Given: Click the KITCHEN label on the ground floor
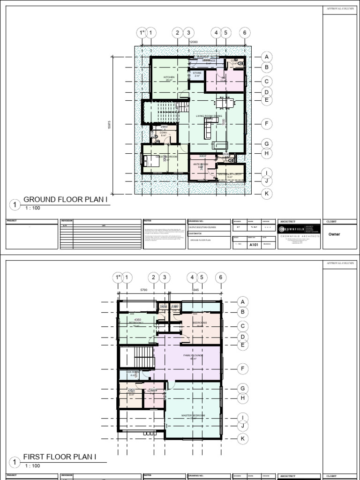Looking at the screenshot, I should pyautogui.click(x=169, y=77).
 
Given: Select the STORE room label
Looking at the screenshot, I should pyautogui.click(x=197, y=73).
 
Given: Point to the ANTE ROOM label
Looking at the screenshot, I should pyautogui.click(x=201, y=165).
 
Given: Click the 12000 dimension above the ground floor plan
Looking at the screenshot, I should pyautogui.click(x=193, y=42).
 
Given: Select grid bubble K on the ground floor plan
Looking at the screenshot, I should pyautogui.click(x=266, y=193).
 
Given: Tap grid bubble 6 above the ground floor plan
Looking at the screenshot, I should pyautogui.click(x=244, y=32).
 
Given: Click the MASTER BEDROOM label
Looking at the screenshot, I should pyautogui.click(x=193, y=415).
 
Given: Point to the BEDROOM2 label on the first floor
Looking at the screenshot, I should pyautogui.click(x=200, y=323).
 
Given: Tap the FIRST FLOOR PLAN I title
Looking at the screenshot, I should pyautogui.click(x=60, y=457).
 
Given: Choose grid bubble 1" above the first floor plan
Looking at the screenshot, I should pyautogui.click(x=117, y=277).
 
